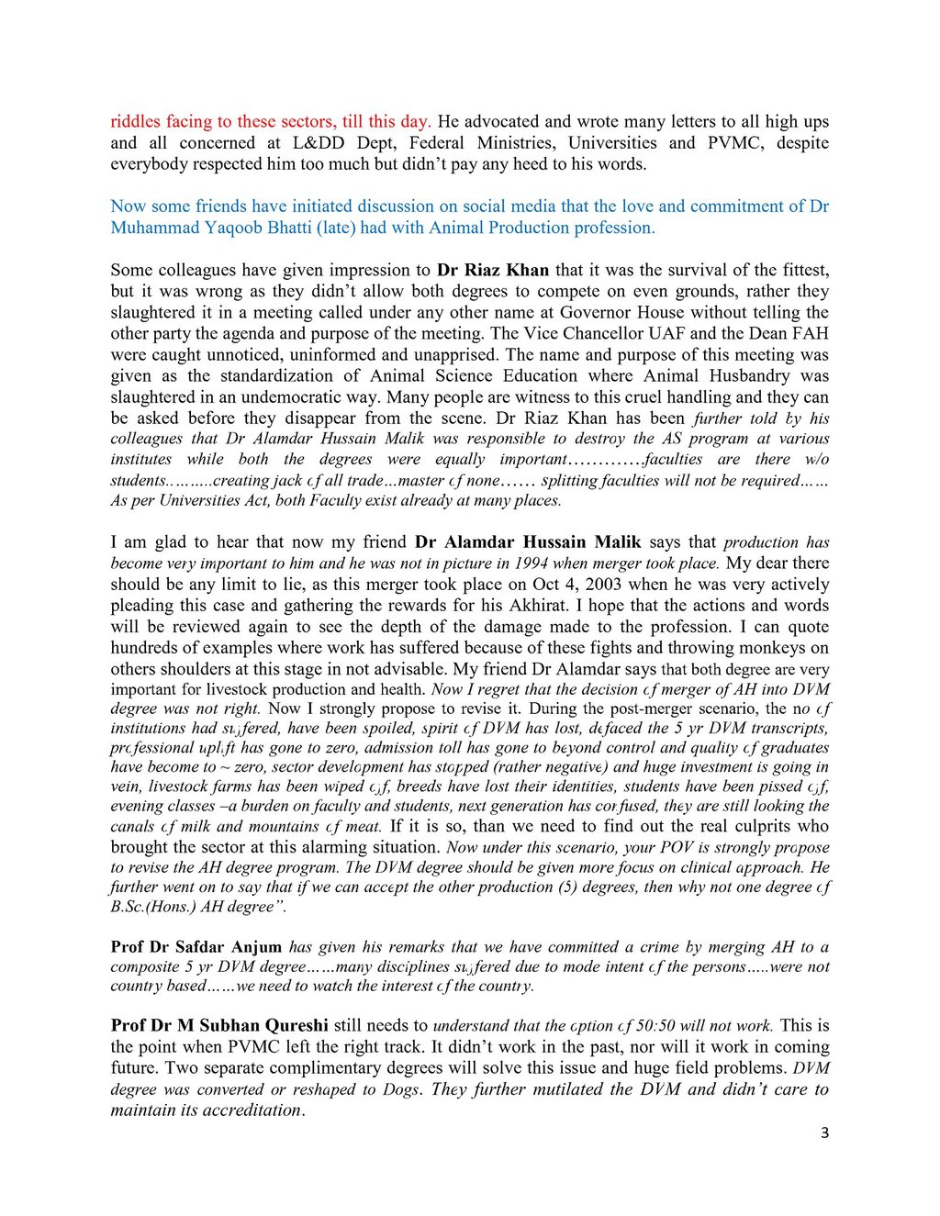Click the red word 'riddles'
(x=135, y=121)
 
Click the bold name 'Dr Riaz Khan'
(x=493, y=270)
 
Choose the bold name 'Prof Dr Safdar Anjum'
(x=196, y=947)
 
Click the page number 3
(x=824, y=1133)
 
